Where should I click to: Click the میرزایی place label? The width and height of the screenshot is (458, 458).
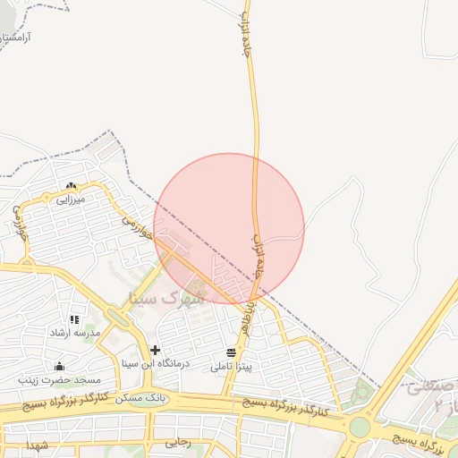(x=70, y=199)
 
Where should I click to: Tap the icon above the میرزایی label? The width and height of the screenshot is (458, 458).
(x=71, y=186)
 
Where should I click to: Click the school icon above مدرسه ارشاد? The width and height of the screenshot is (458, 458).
(x=74, y=318)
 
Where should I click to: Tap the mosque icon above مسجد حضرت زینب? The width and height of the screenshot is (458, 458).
(x=59, y=366)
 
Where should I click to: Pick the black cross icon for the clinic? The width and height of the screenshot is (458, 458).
(x=156, y=350)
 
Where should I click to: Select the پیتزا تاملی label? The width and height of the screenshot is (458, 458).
(x=232, y=367)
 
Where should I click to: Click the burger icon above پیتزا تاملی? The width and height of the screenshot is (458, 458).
(x=232, y=352)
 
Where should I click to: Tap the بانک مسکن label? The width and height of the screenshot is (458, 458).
(x=147, y=397)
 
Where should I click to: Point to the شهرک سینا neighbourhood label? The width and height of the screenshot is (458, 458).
(x=167, y=296)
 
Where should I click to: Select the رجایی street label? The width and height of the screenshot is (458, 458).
(x=178, y=442)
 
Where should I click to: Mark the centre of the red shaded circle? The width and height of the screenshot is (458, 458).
(x=229, y=229)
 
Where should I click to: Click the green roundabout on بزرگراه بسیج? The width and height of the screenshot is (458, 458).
(x=359, y=427)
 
